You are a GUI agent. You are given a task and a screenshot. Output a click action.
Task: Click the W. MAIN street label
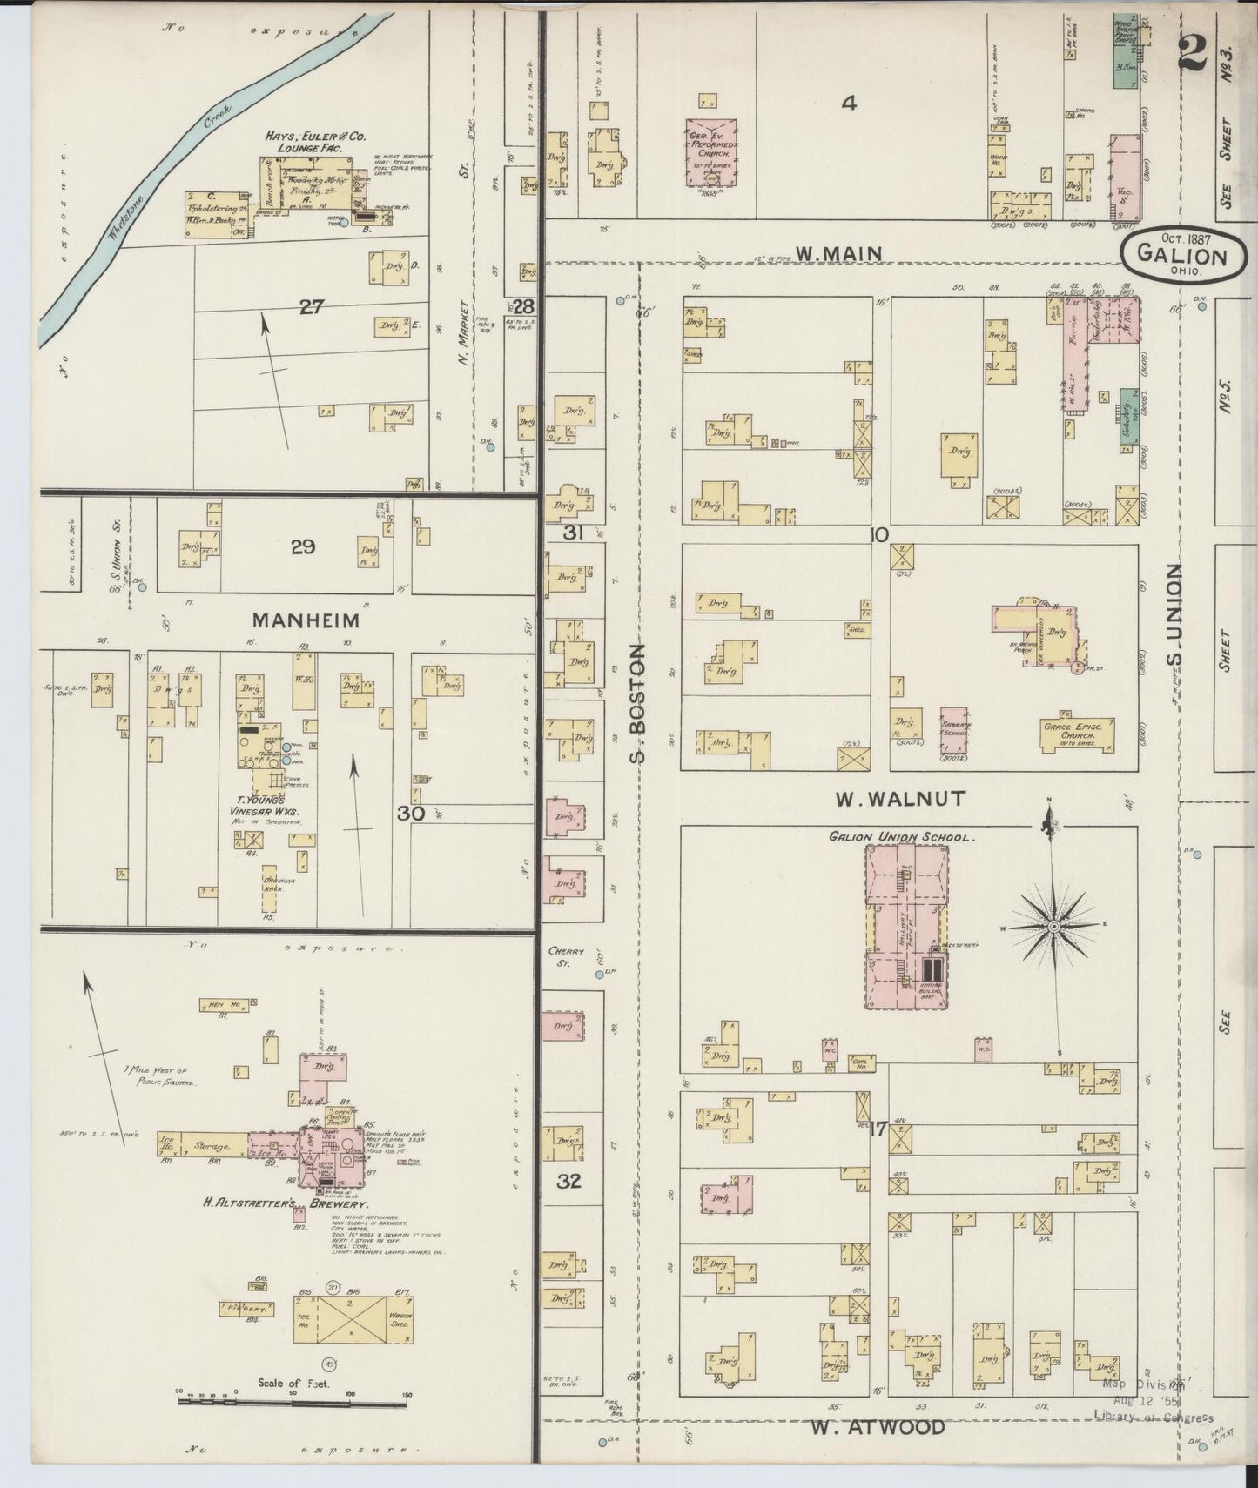tap(839, 253)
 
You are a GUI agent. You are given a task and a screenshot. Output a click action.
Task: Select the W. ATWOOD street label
tap(877, 1427)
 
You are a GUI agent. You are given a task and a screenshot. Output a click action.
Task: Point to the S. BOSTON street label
tap(640, 702)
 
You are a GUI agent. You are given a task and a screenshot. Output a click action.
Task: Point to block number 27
tap(311, 306)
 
